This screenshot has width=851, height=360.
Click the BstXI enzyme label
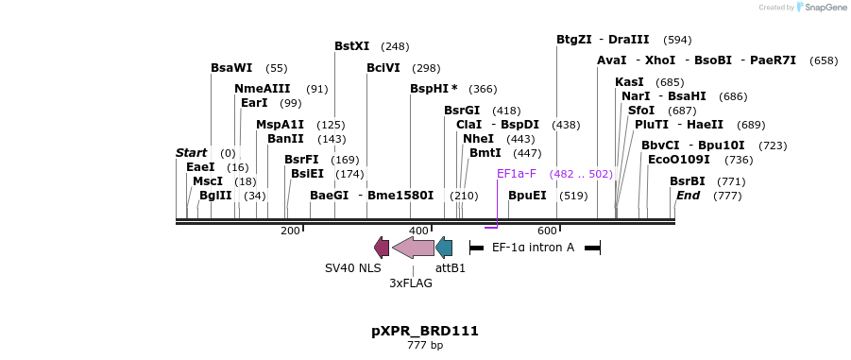352,46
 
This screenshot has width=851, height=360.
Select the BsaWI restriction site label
231,68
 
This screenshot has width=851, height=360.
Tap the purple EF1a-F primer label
517,174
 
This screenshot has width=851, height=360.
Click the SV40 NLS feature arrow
382,248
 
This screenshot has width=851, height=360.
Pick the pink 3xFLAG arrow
413,248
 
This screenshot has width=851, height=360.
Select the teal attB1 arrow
444,248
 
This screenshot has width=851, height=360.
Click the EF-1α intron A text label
533,248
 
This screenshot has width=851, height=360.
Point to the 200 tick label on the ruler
290,231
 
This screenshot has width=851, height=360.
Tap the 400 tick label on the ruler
418,231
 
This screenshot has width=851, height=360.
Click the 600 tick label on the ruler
547,231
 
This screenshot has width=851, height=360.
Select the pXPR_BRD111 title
425,331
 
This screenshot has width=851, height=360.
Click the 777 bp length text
425,346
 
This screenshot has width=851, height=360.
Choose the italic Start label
191,153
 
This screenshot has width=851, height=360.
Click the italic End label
687,196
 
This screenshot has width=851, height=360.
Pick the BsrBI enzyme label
688,181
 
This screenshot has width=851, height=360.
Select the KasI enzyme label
629,82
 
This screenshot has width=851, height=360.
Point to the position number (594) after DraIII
677,40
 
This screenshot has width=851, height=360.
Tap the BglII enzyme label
215,196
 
